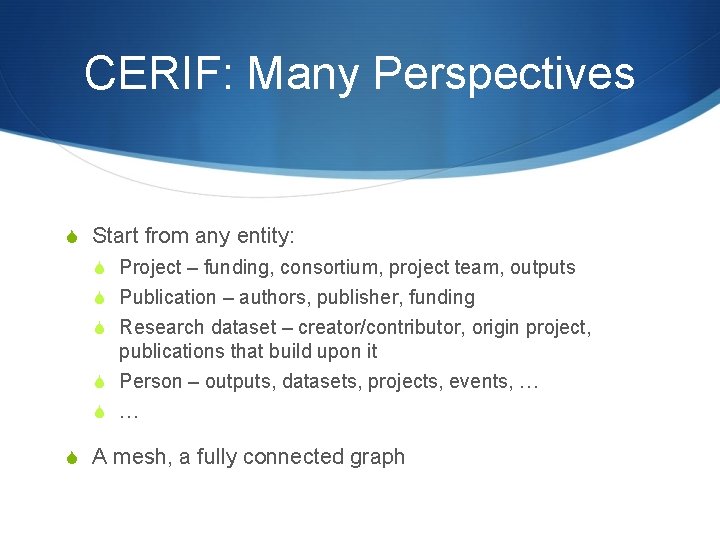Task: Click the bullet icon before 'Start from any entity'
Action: [70, 237]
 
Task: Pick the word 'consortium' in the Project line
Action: [329, 268]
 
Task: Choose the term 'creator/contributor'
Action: [381, 328]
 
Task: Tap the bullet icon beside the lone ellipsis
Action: [99, 412]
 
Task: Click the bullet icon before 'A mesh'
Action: [70, 458]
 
